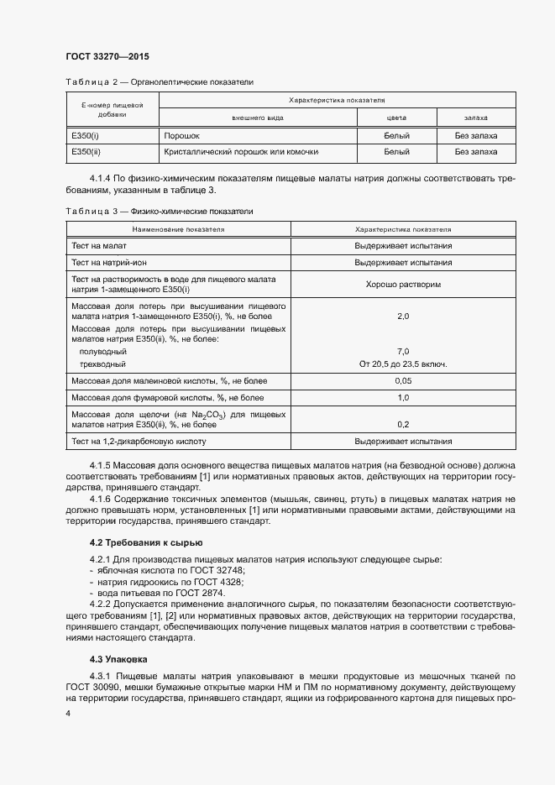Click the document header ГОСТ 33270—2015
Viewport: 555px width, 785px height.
point(107,56)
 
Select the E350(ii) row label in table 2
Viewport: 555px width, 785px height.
point(87,152)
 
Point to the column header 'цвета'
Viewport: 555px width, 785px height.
point(396,119)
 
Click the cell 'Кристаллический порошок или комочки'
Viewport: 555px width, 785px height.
point(241,152)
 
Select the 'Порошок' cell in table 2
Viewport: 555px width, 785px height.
point(182,134)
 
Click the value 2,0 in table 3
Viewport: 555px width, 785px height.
point(403,317)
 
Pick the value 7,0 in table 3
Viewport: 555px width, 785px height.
point(403,351)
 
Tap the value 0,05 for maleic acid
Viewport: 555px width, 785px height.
point(403,381)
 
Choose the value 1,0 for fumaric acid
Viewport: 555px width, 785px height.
point(403,397)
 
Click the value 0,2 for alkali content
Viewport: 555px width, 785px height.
point(403,424)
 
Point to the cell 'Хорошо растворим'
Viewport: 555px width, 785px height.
point(403,285)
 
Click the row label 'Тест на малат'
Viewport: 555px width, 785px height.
point(100,246)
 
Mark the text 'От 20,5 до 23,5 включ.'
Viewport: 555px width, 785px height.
point(403,364)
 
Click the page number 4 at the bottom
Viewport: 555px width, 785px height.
point(67,713)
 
